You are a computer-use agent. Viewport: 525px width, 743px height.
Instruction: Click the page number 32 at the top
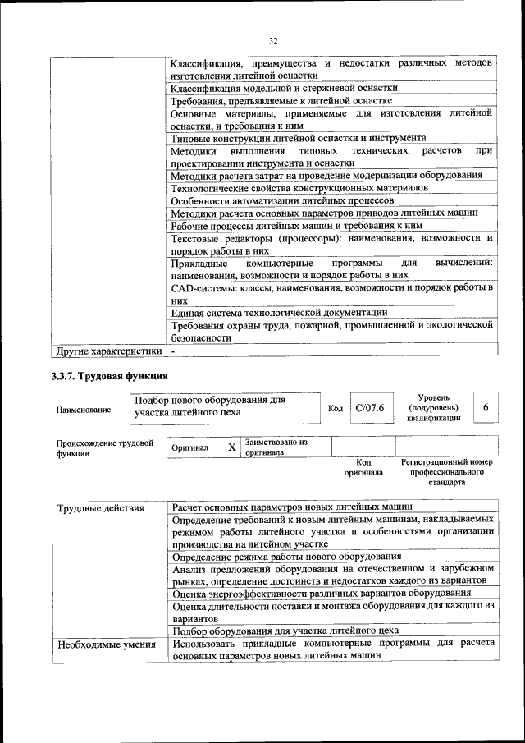[273, 40]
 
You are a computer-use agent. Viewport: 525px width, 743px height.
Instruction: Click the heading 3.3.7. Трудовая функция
[109, 377]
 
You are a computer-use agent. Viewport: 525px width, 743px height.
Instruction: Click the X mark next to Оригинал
[231, 447]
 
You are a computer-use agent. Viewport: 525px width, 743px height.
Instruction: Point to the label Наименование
[84, 408]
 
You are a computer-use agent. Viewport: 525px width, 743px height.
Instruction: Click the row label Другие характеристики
[107, 351]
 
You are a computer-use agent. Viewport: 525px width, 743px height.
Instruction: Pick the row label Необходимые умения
[106, 644]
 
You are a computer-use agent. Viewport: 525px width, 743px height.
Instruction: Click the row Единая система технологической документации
[279, 312]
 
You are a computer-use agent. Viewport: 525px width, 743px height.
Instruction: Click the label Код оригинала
[363, 467]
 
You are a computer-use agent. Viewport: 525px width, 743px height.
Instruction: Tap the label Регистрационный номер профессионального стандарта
[447, 472]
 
